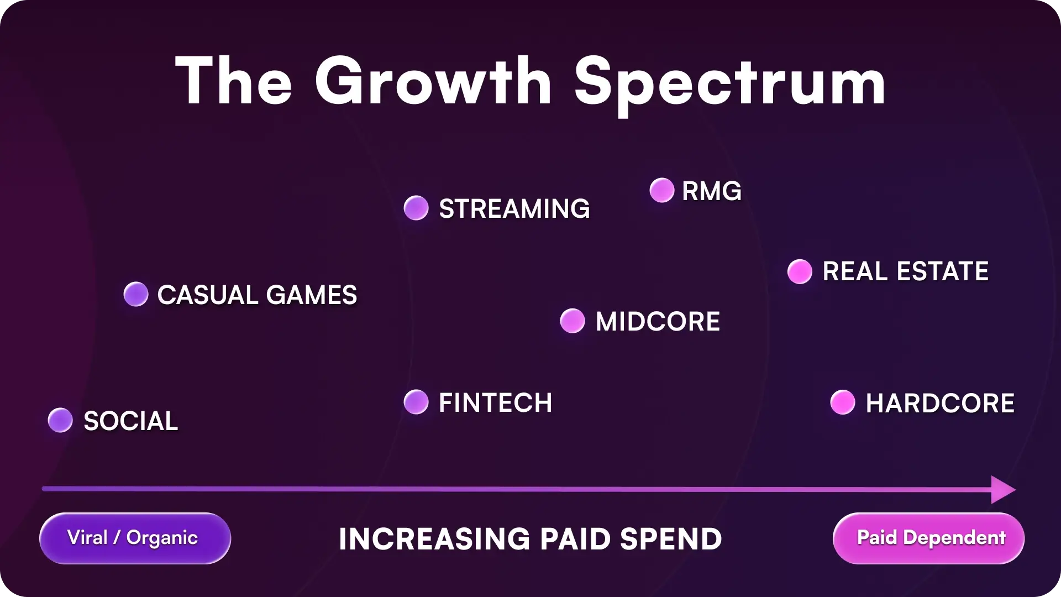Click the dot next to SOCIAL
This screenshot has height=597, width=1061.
tap(60, 421)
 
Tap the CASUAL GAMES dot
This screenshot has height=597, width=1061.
tap(136, 294)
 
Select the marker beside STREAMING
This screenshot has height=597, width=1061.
tap(416, 208)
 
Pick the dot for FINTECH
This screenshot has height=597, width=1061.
tap(416, 402)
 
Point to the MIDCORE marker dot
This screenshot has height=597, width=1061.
tap(572, 321)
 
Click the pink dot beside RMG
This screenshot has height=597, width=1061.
tap(662, 191)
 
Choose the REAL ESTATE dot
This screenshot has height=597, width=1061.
tap(800, 271)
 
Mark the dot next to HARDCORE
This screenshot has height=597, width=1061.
tap(843, 402)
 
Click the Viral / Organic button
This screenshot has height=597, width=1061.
tap(135, 538)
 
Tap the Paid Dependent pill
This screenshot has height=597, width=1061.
tap(928, 538)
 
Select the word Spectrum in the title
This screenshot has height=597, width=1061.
tap(729, 83)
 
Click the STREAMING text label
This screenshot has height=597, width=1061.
tap(514, 209)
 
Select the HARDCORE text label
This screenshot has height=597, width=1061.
tap(939, 403)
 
